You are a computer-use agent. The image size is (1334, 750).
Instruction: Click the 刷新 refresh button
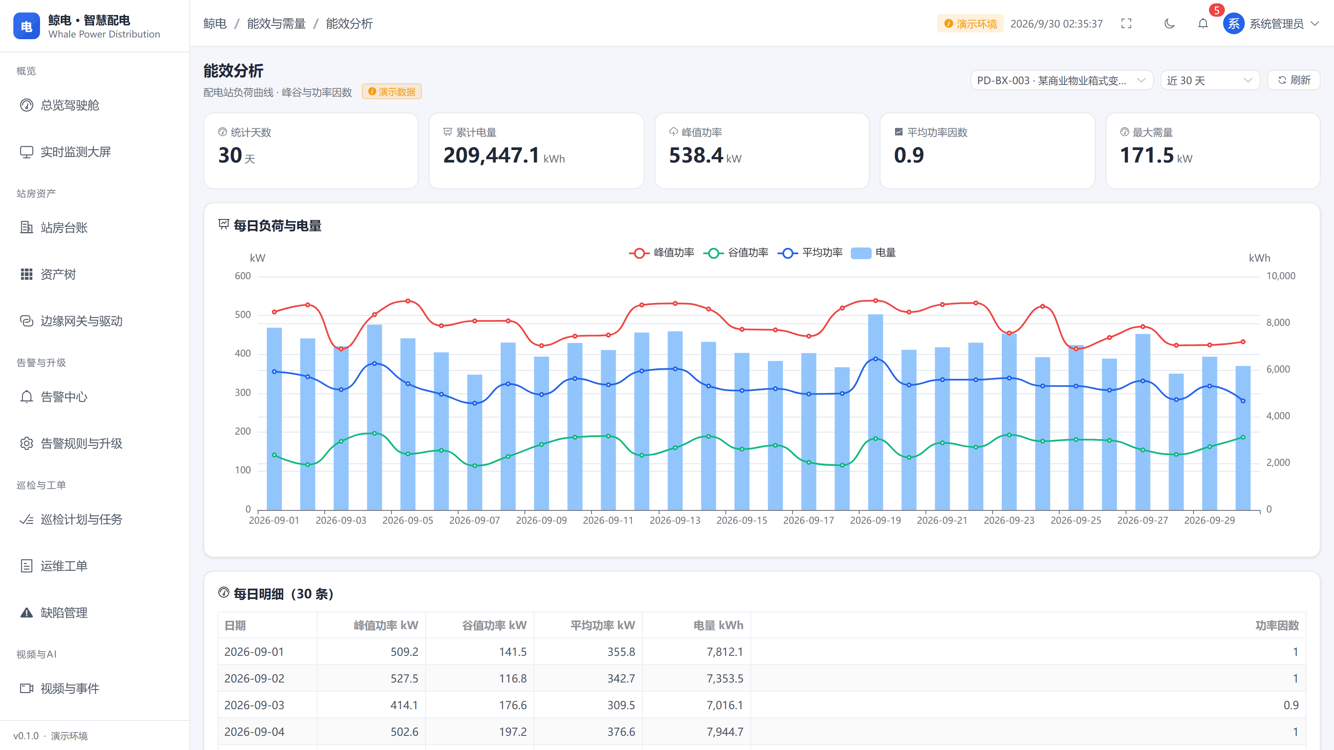1293,80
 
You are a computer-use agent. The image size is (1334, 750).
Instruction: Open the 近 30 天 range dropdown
1210,80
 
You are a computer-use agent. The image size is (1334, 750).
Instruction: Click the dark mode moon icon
1169,23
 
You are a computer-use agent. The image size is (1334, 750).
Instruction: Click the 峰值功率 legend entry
662,252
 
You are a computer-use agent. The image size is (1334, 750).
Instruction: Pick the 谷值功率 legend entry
736,252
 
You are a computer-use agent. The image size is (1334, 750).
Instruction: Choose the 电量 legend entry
874,252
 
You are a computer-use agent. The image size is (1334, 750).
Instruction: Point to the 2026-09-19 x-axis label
875,520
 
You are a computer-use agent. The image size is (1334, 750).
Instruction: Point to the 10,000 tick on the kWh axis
1281,276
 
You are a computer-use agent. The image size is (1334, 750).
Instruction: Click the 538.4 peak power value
696,155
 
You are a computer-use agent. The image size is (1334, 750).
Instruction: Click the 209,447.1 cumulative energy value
491,155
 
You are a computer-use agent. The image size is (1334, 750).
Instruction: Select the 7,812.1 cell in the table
725,652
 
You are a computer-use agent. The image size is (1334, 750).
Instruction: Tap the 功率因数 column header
1277,625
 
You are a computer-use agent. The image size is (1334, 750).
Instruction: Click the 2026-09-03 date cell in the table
254,705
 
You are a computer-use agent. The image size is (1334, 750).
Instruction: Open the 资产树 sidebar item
58,274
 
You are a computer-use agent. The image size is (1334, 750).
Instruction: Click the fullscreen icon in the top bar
1126,23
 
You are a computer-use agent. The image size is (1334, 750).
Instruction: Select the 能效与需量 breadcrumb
276,23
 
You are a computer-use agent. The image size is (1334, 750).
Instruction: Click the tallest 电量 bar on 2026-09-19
875,412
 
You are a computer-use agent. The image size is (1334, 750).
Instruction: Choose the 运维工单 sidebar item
64,566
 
